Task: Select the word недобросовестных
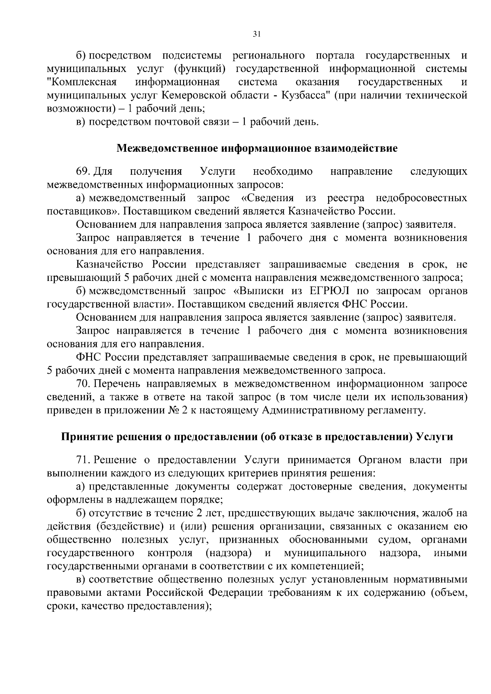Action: tap(421, 198)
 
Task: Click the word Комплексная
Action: tap(82, 82)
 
